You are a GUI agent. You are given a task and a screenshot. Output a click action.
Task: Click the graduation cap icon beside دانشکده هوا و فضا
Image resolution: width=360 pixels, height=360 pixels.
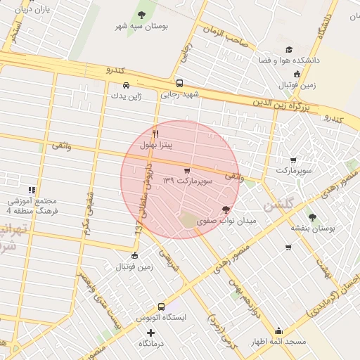pyautogui.click(x=288, y=49)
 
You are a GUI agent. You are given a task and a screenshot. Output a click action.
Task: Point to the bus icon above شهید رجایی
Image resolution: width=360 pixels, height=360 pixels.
pyautogui.click(x=180, y=82)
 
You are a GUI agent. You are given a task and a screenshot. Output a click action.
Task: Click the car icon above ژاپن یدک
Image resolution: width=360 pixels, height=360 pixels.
pyautogui.click(x=126, y=84)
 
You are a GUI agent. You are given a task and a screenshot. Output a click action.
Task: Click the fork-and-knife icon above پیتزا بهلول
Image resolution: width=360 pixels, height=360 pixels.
pyautogui.click(x=156, y=133)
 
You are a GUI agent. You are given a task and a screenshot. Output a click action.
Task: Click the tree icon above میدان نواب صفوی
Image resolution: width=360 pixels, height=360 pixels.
pyautogui.click(x=226, y=210)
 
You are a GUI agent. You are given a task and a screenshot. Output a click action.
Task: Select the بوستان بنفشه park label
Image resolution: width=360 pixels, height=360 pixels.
pyautogui.click(x=312, y=229)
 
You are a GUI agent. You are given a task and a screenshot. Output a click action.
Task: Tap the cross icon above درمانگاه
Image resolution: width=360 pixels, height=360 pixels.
pyautogui.click(x=150, y=332)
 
